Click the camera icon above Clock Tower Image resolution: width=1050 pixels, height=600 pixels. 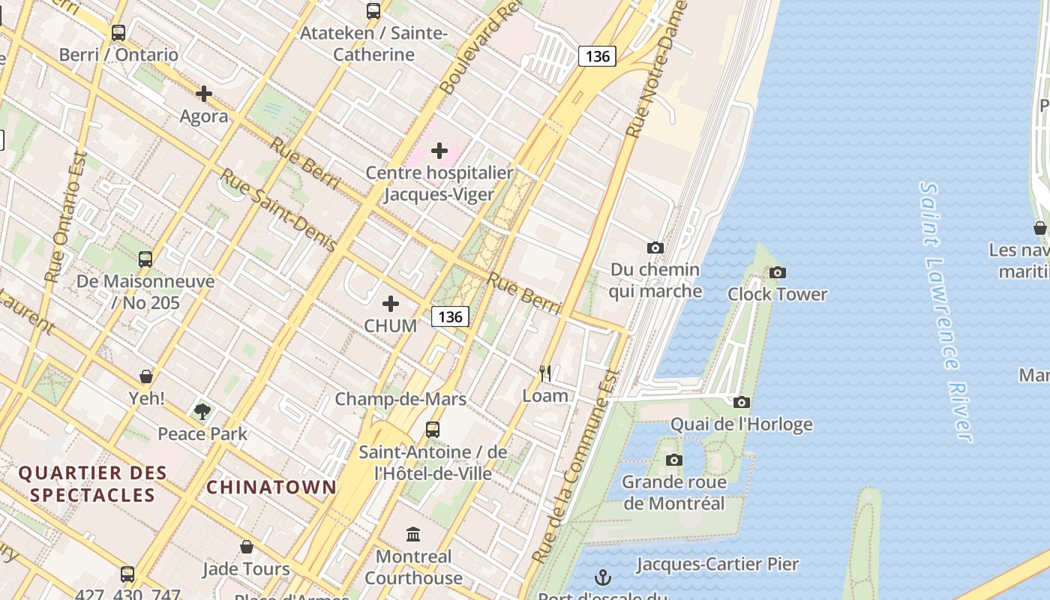click(778, 272)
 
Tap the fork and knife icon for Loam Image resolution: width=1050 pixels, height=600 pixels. click(545, 373)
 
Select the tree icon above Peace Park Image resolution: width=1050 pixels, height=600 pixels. click(202, 411)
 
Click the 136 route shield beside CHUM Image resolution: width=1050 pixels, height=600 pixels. click(450, 316)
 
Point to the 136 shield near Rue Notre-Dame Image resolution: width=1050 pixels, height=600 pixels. click(597, 56)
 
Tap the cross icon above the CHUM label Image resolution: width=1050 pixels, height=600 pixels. click(391, 304)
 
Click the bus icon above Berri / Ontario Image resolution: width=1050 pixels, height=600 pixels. click(118, 33)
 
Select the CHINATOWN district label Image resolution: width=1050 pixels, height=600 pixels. click(271, 487)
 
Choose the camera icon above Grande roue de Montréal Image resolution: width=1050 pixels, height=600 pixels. click(674, 460)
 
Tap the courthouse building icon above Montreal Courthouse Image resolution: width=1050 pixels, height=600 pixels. click(413, 534)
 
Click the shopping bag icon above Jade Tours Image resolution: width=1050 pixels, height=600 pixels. click(246, 547)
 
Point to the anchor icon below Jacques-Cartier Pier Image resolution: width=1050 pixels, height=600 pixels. click(602, 577)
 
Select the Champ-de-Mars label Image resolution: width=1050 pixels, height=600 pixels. click(400, 399)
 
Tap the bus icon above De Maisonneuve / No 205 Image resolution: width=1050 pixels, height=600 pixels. click(145, 259)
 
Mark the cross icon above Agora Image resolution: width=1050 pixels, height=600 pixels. click(203, 94)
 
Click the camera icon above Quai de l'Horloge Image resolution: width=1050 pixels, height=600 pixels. click(742, 402)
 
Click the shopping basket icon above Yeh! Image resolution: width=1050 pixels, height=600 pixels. click(146, 376)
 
